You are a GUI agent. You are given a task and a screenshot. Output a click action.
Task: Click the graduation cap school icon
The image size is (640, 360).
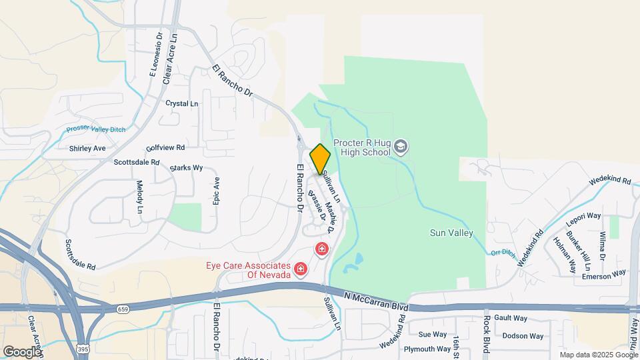click(x=401, y=145)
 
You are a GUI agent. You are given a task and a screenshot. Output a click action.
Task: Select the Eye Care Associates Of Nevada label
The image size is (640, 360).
click(x=247, y=269)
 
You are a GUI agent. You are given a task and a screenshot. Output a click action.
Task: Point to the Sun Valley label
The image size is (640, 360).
click(x=451, y=233)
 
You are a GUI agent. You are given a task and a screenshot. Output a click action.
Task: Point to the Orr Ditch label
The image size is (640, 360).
click(x=503, y=253)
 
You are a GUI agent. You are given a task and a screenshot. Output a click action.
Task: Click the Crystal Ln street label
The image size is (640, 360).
click(x=182, y=104)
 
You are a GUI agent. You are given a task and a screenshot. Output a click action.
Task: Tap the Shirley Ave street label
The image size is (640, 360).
click(x=87, y=148)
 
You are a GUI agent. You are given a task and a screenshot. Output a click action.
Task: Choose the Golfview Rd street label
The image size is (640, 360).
click(x=165, y=147)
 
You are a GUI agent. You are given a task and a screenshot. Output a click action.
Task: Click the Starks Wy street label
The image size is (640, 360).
click(x=186, y=167)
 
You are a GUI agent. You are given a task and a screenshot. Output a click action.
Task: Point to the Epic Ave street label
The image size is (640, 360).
click(x=216, y=191)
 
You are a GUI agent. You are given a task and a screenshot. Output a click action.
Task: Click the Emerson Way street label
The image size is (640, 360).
click(x=604, y=273)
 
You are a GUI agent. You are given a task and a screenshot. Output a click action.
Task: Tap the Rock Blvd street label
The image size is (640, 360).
click(x=485, y=333)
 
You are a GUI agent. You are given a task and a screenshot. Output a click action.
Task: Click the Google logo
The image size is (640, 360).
click(x=21, y=351)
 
